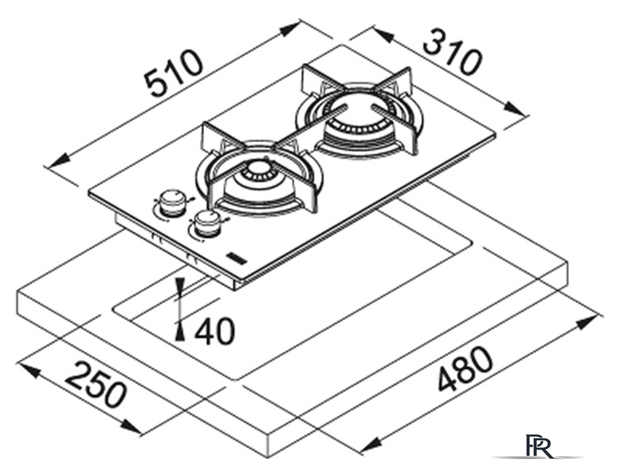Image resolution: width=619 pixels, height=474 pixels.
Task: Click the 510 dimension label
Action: [175, 74]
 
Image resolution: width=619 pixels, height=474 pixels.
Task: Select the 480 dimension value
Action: [466, 369]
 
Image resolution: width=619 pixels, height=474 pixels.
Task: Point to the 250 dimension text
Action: [96, 384]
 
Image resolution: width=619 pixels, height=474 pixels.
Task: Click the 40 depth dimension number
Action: [215, 331]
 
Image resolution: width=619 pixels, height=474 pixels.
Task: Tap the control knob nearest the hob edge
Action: [205, 224]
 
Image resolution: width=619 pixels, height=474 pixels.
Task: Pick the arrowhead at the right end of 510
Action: [290, 29]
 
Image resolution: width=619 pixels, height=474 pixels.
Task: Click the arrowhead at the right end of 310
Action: [515, 108]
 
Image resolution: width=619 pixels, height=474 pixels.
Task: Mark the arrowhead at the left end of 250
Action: [29, 370]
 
